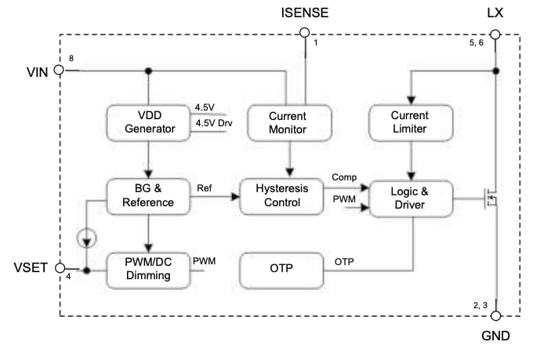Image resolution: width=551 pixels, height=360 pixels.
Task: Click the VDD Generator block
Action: [148, 122]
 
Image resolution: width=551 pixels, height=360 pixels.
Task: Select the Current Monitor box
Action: [289, 122]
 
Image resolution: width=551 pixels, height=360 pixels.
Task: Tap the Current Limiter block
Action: [411, 122]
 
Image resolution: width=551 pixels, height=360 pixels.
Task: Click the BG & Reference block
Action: [148, 196]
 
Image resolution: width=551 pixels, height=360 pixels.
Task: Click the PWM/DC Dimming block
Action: [148, 269]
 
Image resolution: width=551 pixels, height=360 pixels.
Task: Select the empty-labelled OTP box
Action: [281, 269]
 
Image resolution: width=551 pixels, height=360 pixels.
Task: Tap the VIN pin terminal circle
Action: [57, 71]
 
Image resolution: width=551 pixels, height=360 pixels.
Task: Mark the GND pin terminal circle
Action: [495, 316]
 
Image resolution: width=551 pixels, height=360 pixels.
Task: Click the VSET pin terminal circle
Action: [57, 269]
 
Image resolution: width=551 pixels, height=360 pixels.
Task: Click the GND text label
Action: [495, 336]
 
